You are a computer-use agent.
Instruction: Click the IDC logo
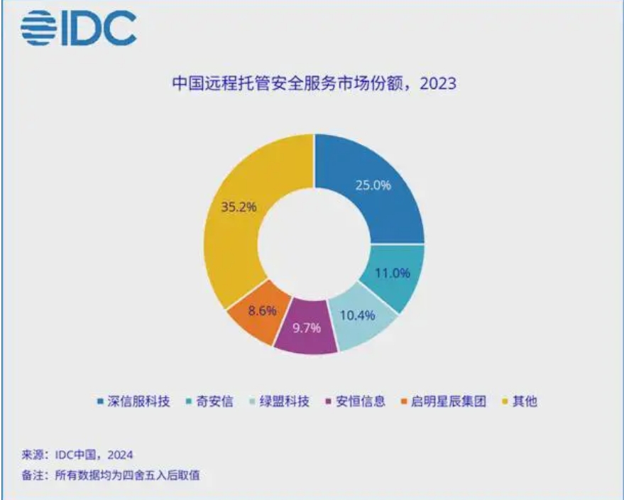click(78, 29)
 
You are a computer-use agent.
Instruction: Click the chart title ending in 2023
click(313, 84)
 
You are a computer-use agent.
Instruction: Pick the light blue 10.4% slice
click(359, 320)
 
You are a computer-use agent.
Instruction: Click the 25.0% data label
click(372, 185)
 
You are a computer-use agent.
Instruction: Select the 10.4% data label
click(358, 315)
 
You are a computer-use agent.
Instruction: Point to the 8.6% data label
click(263, 310)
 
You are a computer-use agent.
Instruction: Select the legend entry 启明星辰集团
click(443, 401)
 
